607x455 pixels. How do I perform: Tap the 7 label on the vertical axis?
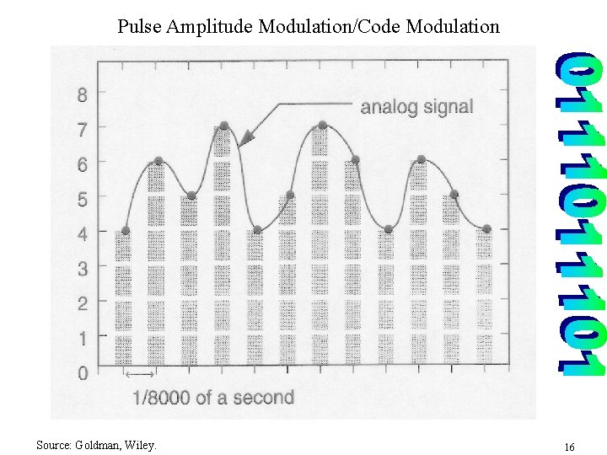coord(82,129)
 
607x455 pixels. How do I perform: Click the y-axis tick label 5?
coord(82,199)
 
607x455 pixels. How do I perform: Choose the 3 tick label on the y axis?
coord(82,269)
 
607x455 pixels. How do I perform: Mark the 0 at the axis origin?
coord(82,373)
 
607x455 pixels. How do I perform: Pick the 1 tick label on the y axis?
coord(82,339)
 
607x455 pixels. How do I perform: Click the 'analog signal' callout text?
coord(416,107)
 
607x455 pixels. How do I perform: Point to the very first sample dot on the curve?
coord(125,230)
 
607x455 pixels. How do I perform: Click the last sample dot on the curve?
coord(486,228)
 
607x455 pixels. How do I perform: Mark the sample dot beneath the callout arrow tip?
coord(224,126)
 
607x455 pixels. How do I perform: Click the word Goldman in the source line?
coord(100,444)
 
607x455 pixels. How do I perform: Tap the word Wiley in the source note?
coord(142,444)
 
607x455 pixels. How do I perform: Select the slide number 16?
coord(569,446)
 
